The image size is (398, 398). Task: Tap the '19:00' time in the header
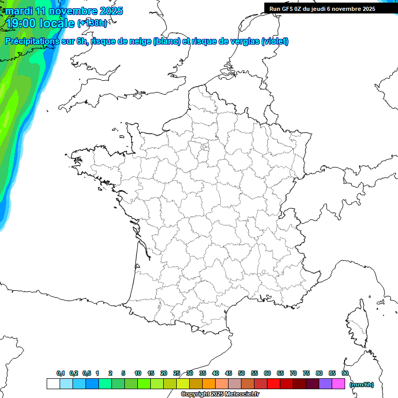[20, 22]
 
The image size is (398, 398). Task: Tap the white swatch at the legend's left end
[53, 384]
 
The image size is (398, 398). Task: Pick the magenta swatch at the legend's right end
[338, 384]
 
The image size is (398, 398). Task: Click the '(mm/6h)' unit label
[362, 385]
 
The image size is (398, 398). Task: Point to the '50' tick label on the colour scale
[241, 373]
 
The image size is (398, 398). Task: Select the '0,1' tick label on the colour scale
[61, 373]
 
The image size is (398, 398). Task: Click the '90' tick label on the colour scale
[345, 373]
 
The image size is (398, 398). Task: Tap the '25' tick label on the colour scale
[177, 373]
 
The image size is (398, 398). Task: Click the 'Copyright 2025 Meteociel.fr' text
[220, 394]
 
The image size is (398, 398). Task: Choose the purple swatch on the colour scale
[325, 384]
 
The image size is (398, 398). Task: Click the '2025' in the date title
[110, 11]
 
